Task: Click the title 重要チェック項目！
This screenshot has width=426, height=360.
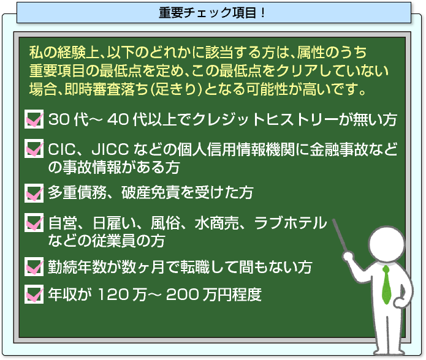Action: [x=212, y=13]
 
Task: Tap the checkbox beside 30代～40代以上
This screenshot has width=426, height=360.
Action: [x=34, y=119]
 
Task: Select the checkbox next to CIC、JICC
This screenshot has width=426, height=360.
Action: [x=34, y=148]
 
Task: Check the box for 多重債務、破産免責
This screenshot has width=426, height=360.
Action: [x=34, y=193]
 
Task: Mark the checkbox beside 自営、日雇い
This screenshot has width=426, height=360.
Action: [x=34, y=222]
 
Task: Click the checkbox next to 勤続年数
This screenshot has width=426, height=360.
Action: [x=34, y=267]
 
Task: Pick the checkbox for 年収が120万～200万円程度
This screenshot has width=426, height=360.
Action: [x=34, y=294]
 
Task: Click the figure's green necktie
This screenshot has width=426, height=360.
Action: [x=386, y=285]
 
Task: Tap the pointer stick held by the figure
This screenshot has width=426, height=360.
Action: [x=340, y=236]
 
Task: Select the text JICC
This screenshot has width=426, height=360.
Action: [x=110, y=149]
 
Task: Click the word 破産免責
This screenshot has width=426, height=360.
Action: [x=151, y=193]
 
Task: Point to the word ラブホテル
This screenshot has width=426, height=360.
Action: [x=291, y=223]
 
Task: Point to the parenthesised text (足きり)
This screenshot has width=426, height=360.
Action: [x=176, y=89]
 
